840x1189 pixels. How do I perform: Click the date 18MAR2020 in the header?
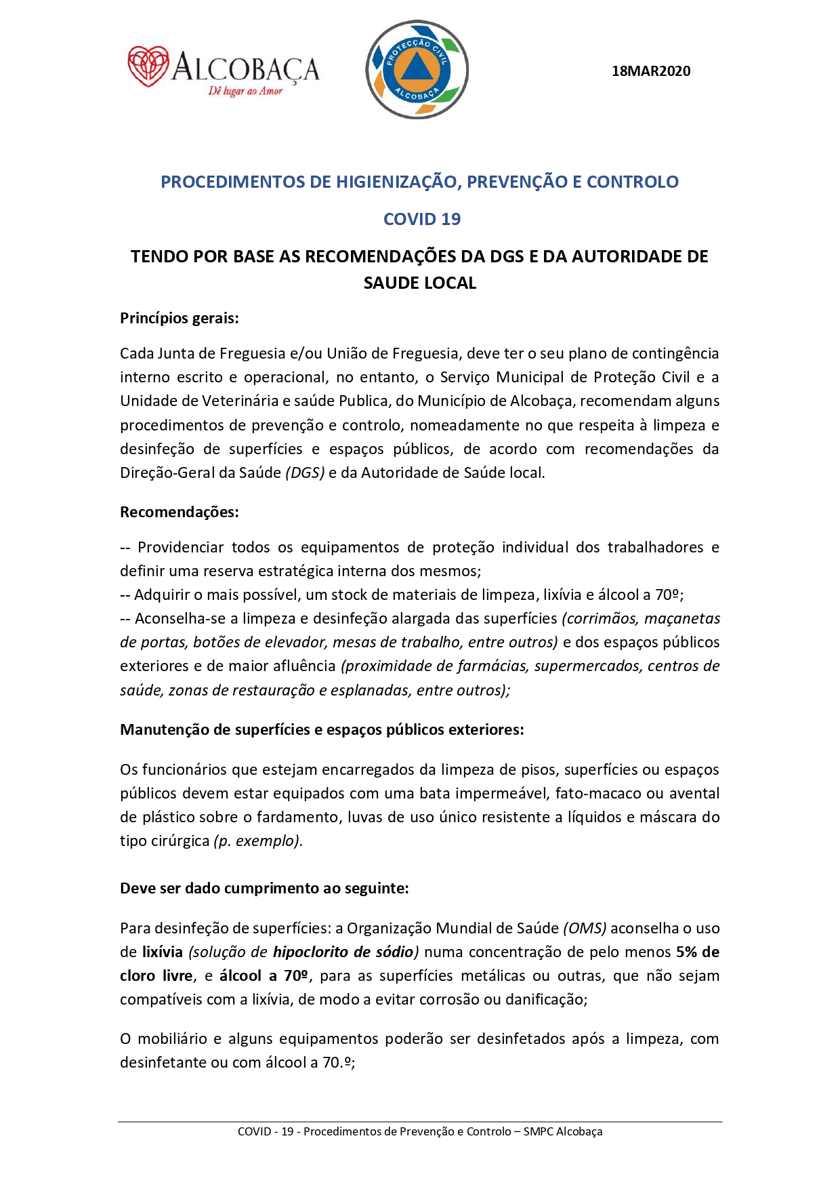(x=650, y=71)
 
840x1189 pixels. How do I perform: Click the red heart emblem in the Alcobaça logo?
(x=148, y=66)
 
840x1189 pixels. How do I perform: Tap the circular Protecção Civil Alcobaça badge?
(x=417, y=69)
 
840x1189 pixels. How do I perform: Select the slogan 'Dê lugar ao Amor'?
(x=245, y=91)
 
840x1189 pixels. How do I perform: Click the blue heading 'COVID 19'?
(x=421, y=219)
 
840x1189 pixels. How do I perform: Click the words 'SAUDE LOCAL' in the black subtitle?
(x=420, y=283)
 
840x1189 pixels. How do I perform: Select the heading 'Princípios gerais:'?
(x=179, y=318)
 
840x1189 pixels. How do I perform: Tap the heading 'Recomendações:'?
(x=179, y=512)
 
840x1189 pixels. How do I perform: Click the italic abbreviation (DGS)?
(x=305, y=472)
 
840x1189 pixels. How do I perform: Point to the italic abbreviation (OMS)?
(x=585, y=928)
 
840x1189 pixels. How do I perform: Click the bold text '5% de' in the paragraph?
(x=697, y=952)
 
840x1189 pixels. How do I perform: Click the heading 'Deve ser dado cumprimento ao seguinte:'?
(x=264, y=888)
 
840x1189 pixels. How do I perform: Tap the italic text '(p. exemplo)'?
(x=257, y=841)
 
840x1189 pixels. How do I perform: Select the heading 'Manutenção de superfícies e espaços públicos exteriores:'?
(x=322, y=729)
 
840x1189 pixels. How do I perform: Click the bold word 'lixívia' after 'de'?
(x=163, y=952)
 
